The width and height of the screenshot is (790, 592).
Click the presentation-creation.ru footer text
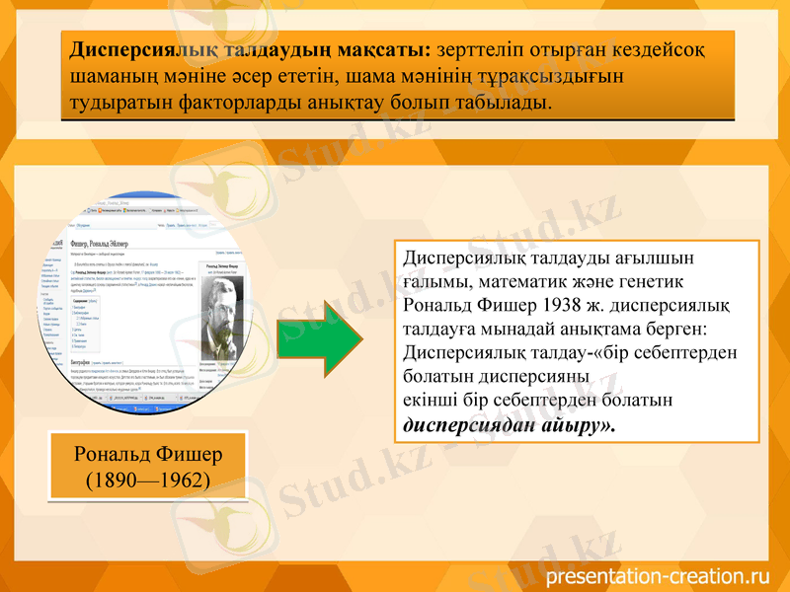click(x=657, y=575)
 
